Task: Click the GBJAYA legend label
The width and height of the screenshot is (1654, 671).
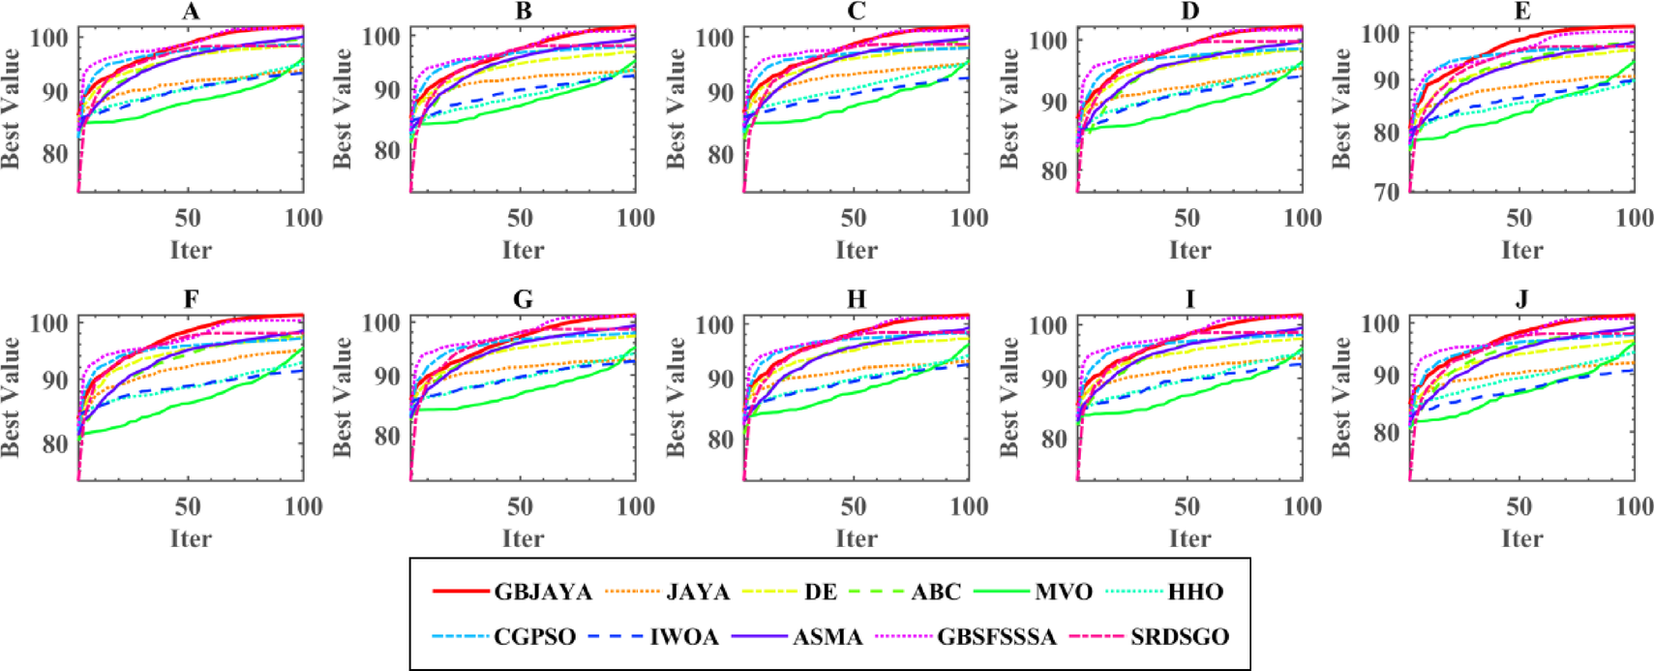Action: pyautogui.click(x=543, y=592)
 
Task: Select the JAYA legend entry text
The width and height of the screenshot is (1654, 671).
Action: pyautogui.click(x=698, y=592)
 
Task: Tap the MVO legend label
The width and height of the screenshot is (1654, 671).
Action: pyautogui.click(x=1064, y=592)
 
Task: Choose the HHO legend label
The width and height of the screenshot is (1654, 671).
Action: pyautogui.click(x=1195, y=592)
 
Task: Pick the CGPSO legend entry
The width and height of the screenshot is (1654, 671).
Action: pyautogui.click(x=535, y=637)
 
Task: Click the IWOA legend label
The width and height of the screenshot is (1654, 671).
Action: pyautogui.click(x=684, y=637)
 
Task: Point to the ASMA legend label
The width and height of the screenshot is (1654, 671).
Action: pyautogui.click(x=827, y=637)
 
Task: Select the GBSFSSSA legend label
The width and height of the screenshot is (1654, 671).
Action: pyautogui.click(x=997, y=637)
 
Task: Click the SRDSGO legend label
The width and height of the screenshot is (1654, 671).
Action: pyautogui.click(x=1180, y=637)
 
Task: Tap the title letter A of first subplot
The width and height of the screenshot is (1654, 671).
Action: pyautogui.click(x=191, y=12)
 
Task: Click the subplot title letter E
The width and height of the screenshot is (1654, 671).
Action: pyautogui.click(x=1522, y=12)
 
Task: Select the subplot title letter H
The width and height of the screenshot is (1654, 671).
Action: pyautogui.click(x=857, y=300)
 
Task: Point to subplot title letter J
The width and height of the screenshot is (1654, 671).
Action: pyautogui.click(x=1522, y=300)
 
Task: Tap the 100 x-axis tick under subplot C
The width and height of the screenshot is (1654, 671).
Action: pyautogui.click(x=969, y=218)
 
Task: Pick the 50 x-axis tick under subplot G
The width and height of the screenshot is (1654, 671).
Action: pyautogui.click(x=521, y=506)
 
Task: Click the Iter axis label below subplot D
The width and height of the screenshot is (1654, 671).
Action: pyautogui.click(x=1189, y=251)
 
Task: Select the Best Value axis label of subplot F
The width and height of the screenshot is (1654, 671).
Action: pyautogui.click(x=11, y=397)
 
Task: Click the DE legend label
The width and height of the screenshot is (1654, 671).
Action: pyautogui.click(x=821, y=592)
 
